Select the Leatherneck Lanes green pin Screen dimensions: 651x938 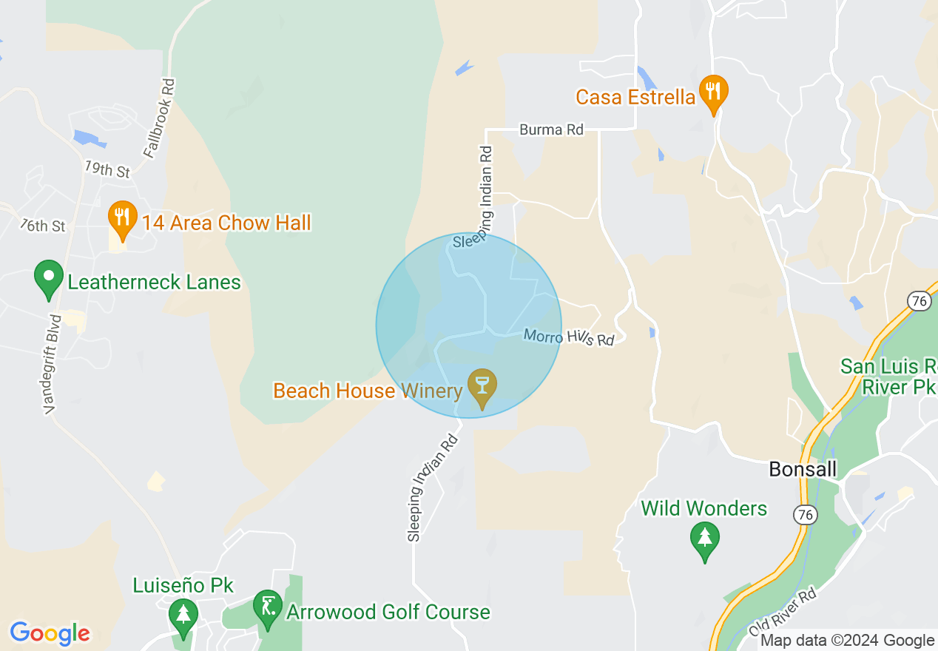pos(49,279)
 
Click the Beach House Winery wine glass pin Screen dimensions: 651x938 pos(482,387)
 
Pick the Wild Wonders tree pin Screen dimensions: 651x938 pos(704,541)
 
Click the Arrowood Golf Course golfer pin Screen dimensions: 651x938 pos(267,607)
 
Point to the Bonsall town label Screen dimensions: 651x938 pos(803,469)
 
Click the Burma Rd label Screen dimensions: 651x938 pos(551,130)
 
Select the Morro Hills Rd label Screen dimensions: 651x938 pos(569,337)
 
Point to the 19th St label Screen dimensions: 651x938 pos(107,169)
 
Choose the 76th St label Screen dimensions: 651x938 pos(43,225)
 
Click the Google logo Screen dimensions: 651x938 pos(50,633)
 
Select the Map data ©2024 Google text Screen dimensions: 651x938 pos(848,641)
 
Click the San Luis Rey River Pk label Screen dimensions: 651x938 pos(888,377)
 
